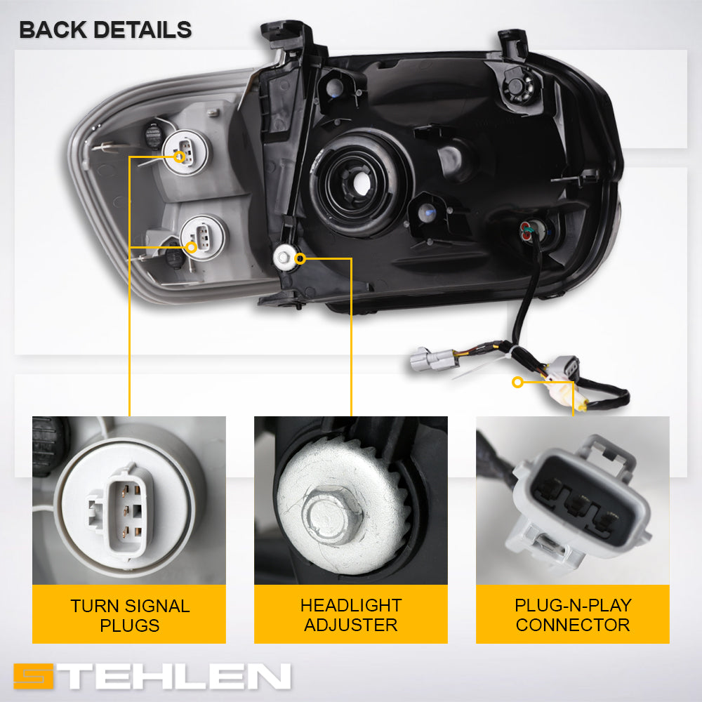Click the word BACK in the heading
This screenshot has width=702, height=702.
53,30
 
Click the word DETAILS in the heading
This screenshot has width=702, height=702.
143,30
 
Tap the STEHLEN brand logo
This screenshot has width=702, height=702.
152,675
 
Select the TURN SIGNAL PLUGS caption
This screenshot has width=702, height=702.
130,616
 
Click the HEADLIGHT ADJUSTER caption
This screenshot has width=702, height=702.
351,615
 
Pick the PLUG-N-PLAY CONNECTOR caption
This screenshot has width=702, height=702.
573,615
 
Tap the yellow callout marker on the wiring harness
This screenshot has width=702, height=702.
518,383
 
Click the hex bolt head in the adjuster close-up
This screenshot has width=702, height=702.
332,514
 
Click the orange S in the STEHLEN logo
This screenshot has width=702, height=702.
34,676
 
